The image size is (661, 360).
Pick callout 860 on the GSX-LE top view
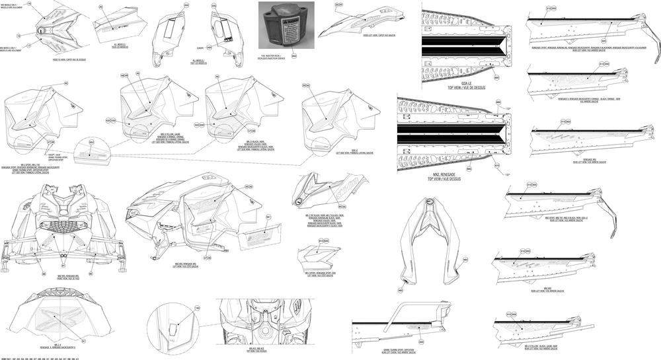[x=496, y=77]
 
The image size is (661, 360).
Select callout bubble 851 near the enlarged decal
[x=269, y=217]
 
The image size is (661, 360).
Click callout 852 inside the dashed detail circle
[x=92, y=143]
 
